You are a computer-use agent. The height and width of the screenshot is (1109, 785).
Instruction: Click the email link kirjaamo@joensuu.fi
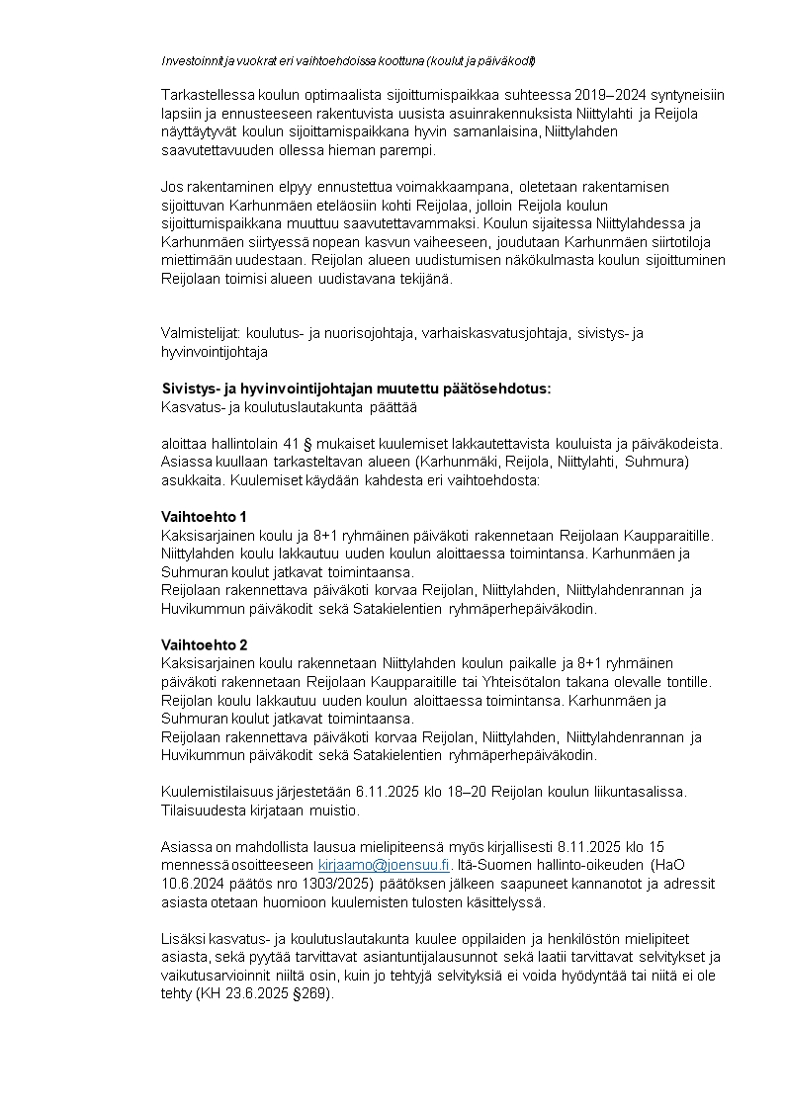click(384, 865)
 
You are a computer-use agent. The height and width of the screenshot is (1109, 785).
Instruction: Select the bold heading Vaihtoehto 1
click(204, 517)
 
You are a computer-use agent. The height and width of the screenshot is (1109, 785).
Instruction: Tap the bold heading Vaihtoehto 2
click(204, 644)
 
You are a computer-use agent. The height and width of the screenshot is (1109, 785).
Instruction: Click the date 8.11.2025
click(590, 847)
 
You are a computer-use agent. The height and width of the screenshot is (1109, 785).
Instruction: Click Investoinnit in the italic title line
click(193, 61)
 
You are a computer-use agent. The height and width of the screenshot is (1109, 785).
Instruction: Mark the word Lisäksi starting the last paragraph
click(184, 939)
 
